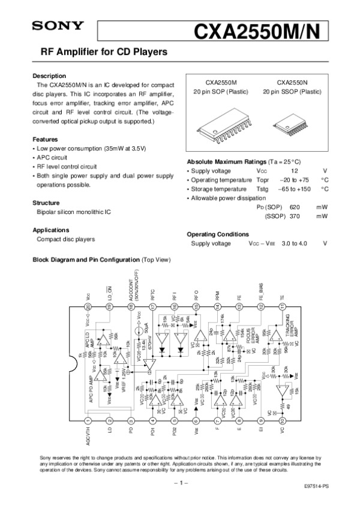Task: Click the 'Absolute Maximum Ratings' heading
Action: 227,162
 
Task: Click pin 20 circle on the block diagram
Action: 88,306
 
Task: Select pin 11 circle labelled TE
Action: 282,306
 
